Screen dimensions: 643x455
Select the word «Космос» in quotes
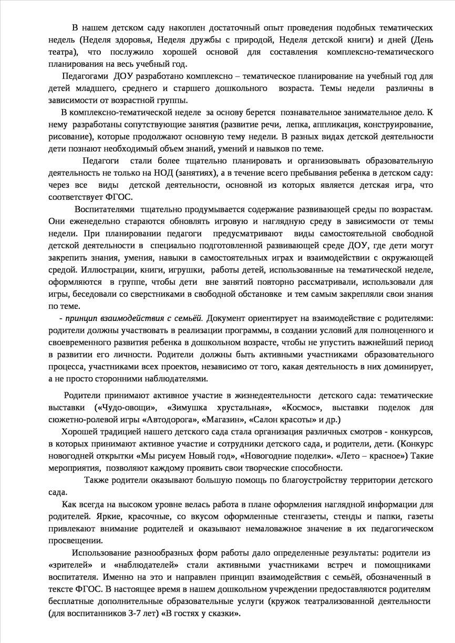point(299,408)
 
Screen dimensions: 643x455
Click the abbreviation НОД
point(165,172)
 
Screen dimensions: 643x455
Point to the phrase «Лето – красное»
point(373,456)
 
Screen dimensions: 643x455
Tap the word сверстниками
point(151,294)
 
